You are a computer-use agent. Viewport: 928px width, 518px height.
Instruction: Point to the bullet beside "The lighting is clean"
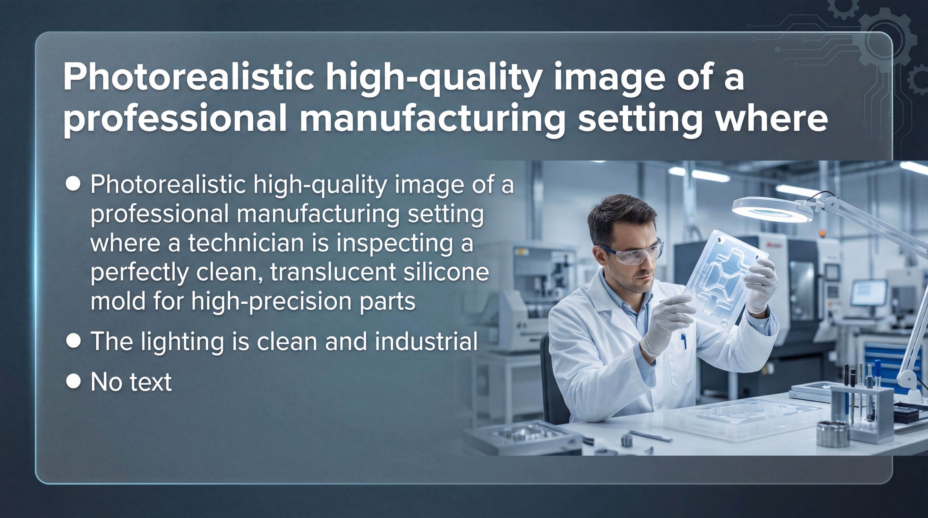pos(73,340)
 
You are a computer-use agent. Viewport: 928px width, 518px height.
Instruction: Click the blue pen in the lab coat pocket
pos(683,340)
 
